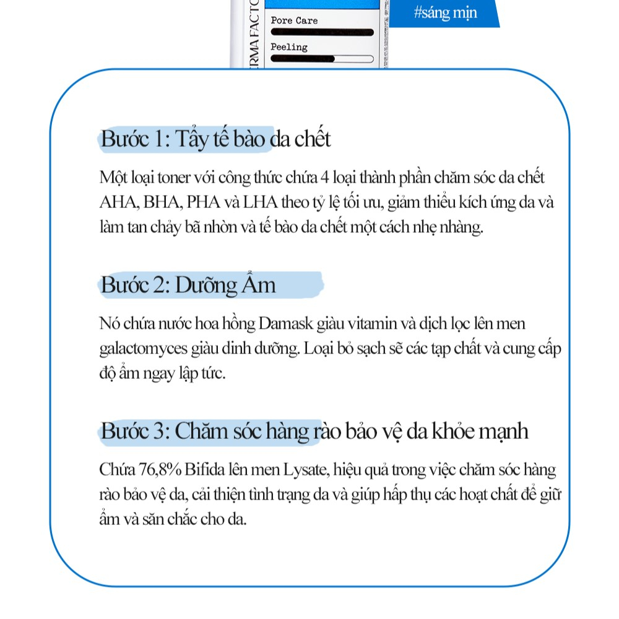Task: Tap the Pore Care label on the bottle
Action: pos(294,20)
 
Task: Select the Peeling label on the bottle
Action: pos(289,47)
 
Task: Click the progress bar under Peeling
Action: pos(322,60)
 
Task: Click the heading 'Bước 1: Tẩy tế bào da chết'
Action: pos(215,139)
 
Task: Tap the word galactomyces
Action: pos(143,350)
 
